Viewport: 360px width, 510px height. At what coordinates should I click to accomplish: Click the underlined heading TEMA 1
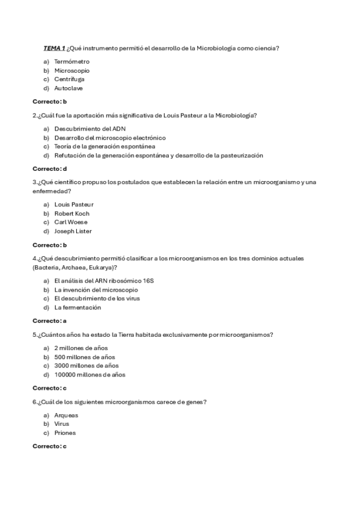[x=54, y=48]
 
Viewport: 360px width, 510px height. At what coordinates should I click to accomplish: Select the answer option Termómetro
[x=72, y=61]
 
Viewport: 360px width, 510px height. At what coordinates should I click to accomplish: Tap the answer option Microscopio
[x=72, y=70]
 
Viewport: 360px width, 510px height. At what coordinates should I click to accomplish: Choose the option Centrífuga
[x=69, y=79]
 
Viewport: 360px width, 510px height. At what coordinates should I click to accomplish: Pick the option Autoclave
[x=69, y=88]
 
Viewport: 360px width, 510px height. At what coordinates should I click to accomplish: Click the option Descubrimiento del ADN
[x=90, y=129]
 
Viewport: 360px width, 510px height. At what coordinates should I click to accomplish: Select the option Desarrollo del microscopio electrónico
[x=110, y=138]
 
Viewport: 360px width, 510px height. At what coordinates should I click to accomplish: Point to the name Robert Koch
[x=72, y=214]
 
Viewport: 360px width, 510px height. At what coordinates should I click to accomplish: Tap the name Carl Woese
[x=71, y=222]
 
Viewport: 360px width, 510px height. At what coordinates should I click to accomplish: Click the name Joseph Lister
[x=73, y=231]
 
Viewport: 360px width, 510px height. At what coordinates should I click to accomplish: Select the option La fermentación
[x=78, y=307]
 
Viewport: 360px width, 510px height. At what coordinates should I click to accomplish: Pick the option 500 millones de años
[x=85, y=357]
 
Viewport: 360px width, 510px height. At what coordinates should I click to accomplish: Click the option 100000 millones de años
[x=90, y=374]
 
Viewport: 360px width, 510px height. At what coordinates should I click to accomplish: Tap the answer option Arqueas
[x=66, y=415]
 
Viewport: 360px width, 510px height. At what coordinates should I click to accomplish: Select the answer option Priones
[x=65, y=432]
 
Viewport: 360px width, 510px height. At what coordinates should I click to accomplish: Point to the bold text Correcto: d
[x=49, y=168]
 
